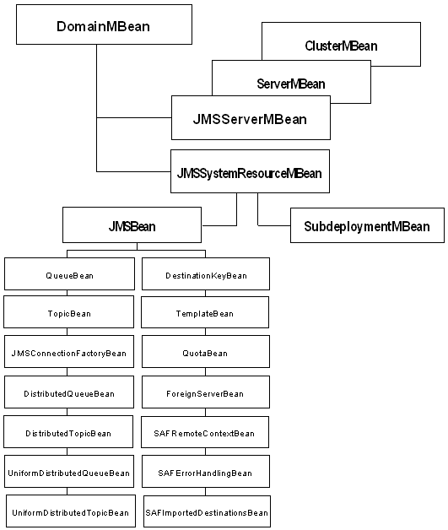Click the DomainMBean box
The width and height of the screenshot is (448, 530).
(x=103, y=26)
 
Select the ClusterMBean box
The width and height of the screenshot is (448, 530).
(x=341, y=46)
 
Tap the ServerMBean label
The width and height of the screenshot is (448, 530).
(x=290, y=84)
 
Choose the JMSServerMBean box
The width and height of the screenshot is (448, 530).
(x=250, y=119)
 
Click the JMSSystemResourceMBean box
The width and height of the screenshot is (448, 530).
(x=249, y=174)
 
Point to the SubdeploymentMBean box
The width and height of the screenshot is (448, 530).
(x=367, y=226)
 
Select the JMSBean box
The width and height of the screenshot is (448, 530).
(x=132, y=226)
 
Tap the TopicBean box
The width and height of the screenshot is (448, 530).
(x=69, y=313)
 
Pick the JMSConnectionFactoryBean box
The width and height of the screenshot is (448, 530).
(x=69, y=353)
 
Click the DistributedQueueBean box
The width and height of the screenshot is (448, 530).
(x=69, y=393)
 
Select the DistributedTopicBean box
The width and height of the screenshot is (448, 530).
(x=69, y=433)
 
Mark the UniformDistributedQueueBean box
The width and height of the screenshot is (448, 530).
(x=69, y=473)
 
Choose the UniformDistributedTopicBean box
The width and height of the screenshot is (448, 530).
(x=71, y=512)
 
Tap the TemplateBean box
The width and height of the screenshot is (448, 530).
(x=206, y=313)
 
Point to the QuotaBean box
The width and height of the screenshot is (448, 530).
(x=206, y=353)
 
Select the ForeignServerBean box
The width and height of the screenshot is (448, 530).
(x=206, y=393)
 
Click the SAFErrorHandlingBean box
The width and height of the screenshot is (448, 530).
(x=206, y=473)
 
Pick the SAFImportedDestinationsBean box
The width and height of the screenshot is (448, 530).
(x=206, y=512)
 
